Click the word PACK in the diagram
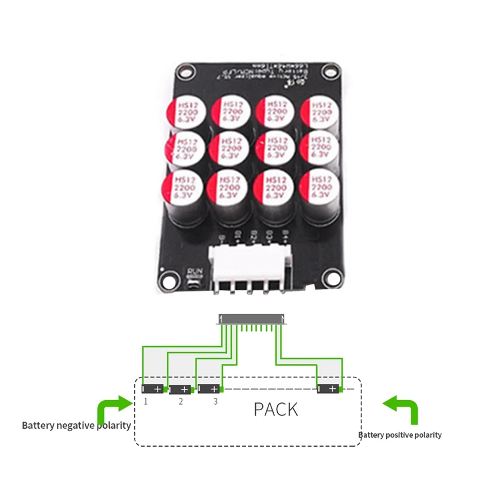coord(275,410)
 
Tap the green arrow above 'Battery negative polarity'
coord(113,411)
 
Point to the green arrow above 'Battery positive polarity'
coord(401,408)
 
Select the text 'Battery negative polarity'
coord(76,426)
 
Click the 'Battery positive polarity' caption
coord(400,435)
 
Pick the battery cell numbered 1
coord(153,389)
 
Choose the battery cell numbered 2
coord(181,389)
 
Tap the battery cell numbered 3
coord(209,389)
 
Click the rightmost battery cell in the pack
coord(329,389)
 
